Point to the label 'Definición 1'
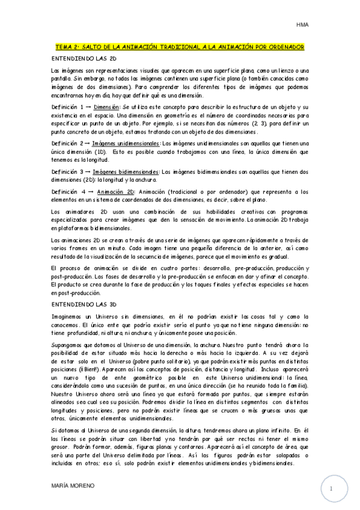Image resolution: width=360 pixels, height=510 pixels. (x=67, y=106)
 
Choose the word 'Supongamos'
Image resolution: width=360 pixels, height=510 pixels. (x=66, y=345)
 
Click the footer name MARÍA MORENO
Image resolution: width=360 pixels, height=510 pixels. (x=73, y=485)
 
